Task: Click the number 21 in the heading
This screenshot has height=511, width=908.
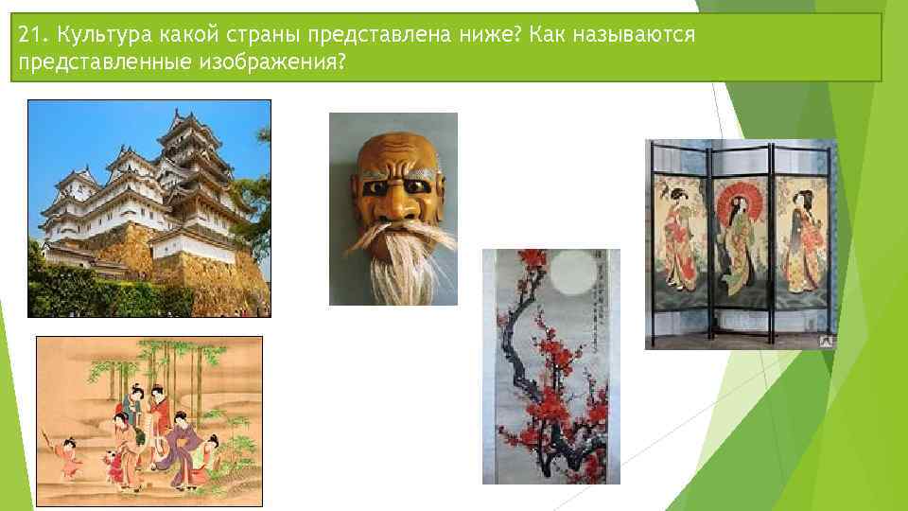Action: point(29,35)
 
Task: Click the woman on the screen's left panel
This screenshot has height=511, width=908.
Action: point(678,237)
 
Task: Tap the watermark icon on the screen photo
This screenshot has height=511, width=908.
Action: point(826,339)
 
